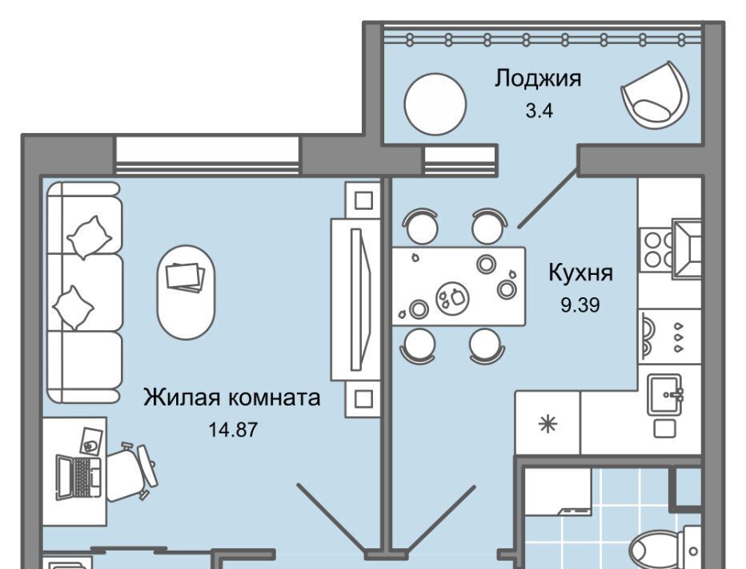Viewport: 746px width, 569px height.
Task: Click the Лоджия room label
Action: click(538, 79)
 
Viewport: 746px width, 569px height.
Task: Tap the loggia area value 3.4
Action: click(539, 111)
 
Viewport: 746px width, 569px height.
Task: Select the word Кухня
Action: click(581, 272)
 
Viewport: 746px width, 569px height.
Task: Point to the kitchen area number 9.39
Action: click(580, 305)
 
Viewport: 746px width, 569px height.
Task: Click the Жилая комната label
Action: click(231, 397)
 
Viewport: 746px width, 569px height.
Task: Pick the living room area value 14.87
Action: click(233, 430)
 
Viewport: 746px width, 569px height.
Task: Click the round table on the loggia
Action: click(435, 104)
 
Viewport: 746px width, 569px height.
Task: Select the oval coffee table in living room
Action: click(186, 292)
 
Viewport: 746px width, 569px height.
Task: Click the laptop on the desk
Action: click(78, 477)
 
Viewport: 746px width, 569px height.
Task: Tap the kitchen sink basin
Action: click(664, 393)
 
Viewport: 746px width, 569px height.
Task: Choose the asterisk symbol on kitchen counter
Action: click(547, 423)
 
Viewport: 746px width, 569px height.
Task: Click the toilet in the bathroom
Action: click(664, 547)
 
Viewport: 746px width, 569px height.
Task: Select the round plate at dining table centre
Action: click(452, 298)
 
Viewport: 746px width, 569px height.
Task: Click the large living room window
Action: click(207, 155)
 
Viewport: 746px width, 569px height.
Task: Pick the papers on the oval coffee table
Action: click(185, 276)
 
